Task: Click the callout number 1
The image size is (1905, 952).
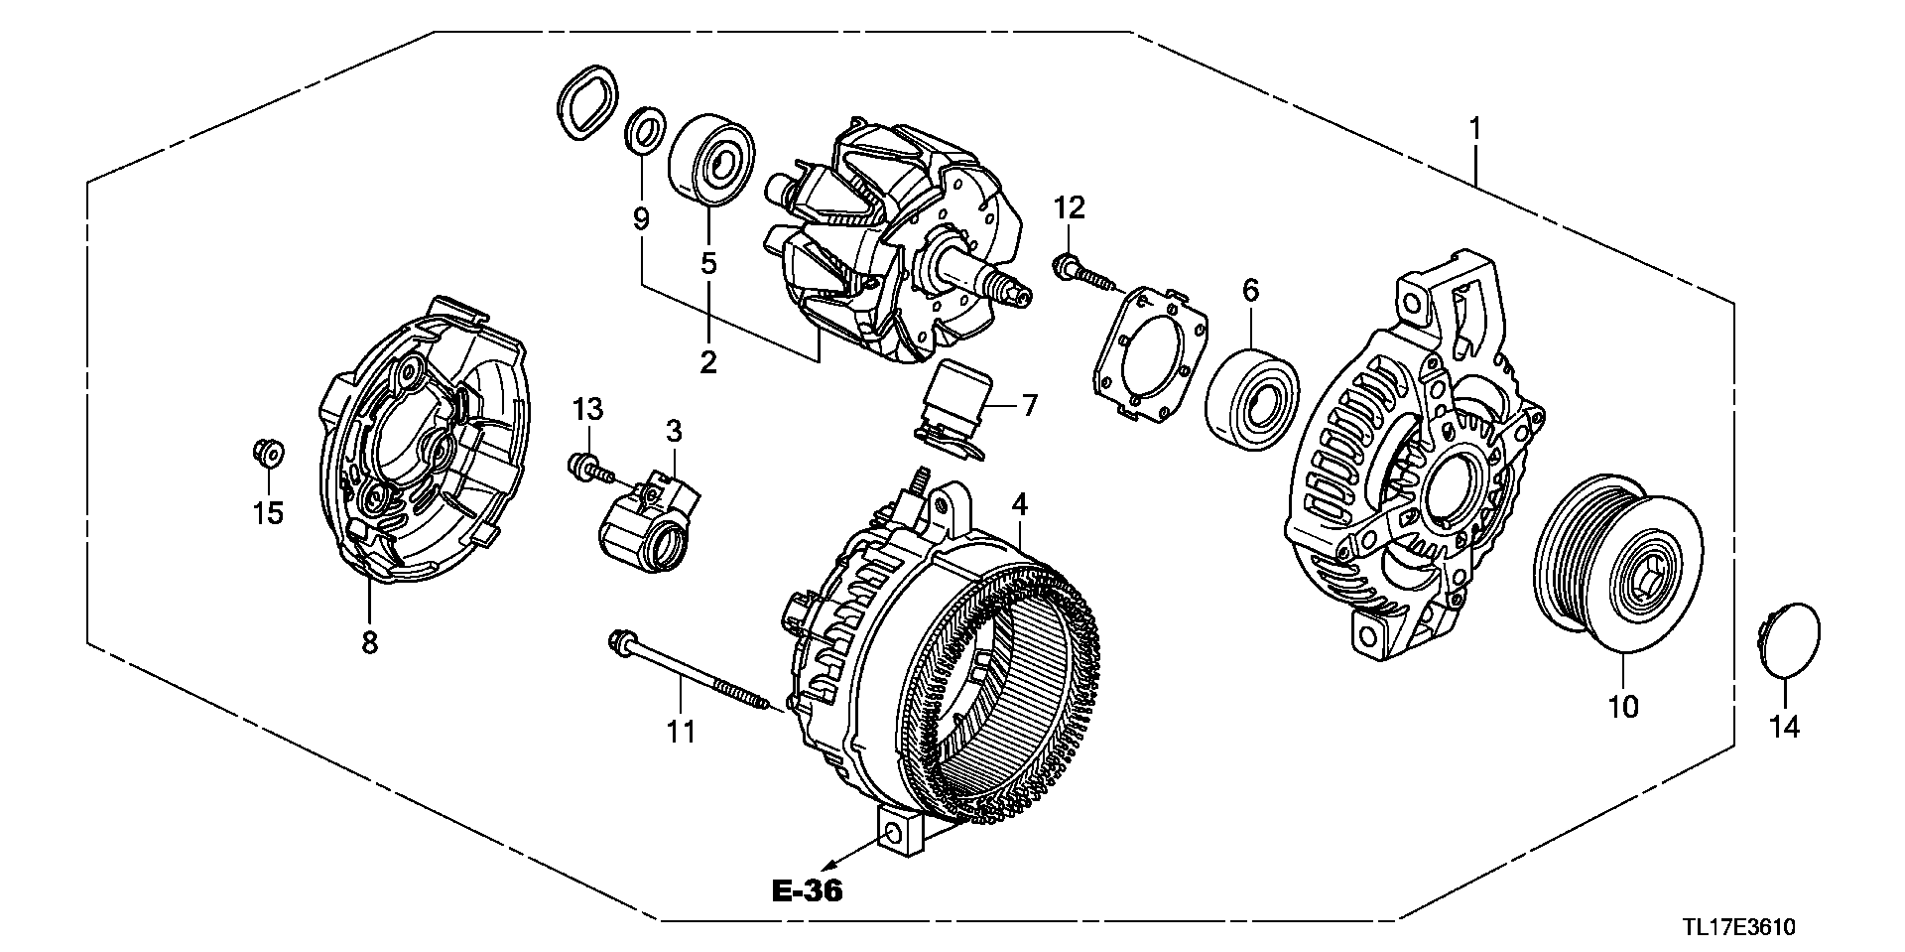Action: (x=1475, y=129)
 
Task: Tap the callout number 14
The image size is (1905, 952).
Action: (x=1784, y=728)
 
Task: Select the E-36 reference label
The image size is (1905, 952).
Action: (x=807, y=890)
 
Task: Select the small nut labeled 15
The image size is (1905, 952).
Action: (x=266, y=453)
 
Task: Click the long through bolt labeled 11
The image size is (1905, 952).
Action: (x=689, y=675)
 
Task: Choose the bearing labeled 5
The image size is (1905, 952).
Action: (x=710, y=161)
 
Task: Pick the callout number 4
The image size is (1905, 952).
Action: (x=1020, y=505)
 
